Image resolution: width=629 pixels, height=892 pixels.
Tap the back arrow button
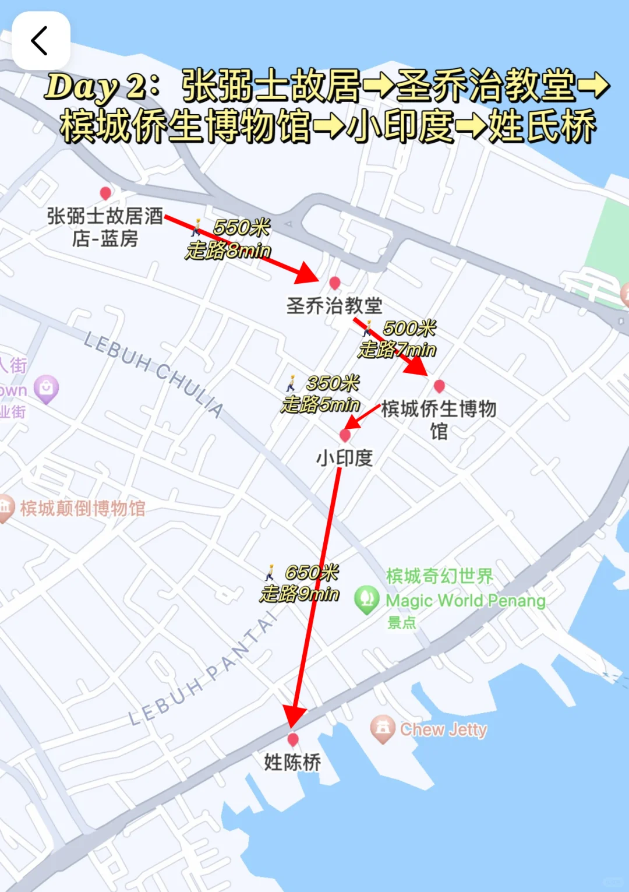tap(40, 41)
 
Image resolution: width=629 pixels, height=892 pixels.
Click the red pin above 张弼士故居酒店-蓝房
tap(105, 193)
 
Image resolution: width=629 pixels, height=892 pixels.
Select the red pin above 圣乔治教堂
tap(334, 283)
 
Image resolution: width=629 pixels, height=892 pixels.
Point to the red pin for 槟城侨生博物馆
tap(440, 386)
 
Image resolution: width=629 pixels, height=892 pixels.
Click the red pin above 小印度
tap(345, 435)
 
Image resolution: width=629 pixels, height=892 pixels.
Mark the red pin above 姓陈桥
tap(293, 739)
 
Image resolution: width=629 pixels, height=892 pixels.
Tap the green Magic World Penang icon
tap(366, 599)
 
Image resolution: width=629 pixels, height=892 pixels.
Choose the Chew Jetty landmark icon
tap(383, 728)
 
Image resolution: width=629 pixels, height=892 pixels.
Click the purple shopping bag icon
tap(46, 389)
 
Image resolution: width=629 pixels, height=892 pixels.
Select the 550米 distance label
tap(241, 227)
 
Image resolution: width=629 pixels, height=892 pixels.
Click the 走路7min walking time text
tap(397, 350)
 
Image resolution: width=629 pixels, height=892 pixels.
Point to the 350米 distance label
tap(333, 383)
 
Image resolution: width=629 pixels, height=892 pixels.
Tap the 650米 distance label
tap(312, 572)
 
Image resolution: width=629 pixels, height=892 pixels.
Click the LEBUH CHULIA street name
tap(154, 373)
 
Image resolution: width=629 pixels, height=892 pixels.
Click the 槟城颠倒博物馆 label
tap(82, 508)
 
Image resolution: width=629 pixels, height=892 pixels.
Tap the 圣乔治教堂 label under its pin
tap(334, 305)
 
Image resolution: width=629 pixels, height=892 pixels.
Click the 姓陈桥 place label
tap(292, 762)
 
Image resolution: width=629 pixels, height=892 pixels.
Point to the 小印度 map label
tap(344, 458)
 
